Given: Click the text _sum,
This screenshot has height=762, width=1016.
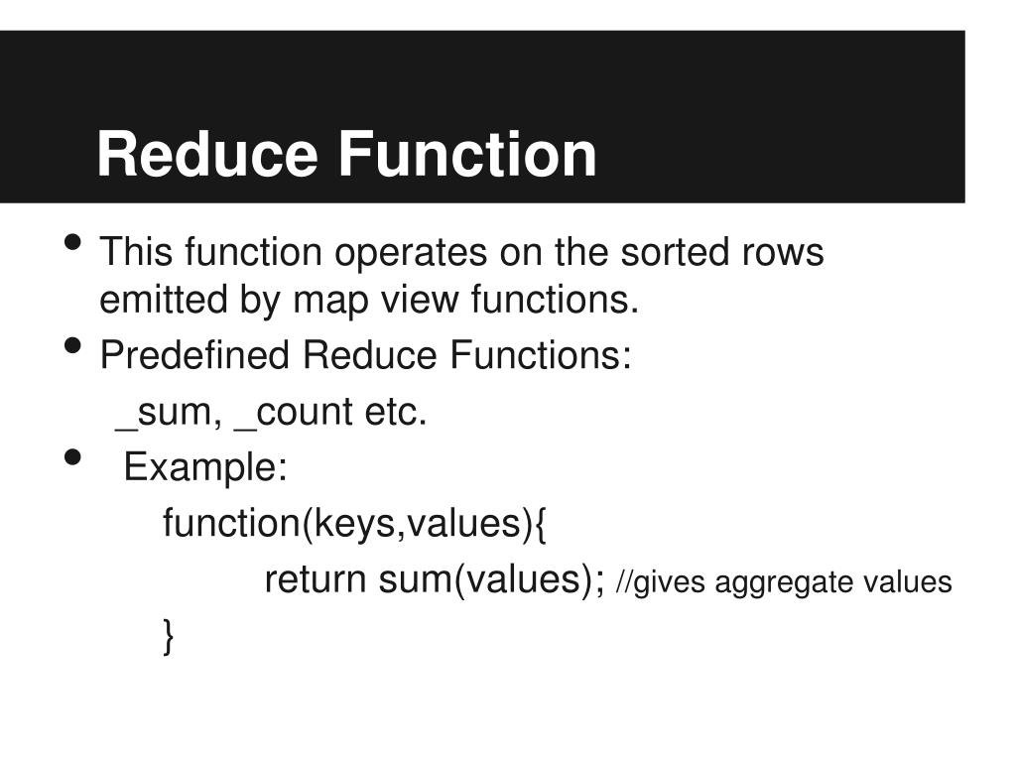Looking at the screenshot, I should point(170,412).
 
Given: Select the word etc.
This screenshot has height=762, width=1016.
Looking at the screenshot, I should point(395,412).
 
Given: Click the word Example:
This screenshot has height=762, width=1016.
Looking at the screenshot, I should point(205,466).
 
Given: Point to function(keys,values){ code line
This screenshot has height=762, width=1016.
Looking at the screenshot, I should point(354,523).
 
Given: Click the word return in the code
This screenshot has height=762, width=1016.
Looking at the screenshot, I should point(316,580).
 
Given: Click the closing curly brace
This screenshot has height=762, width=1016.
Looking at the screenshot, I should point(169,636).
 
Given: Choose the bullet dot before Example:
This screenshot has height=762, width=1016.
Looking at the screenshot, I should point(72,457).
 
